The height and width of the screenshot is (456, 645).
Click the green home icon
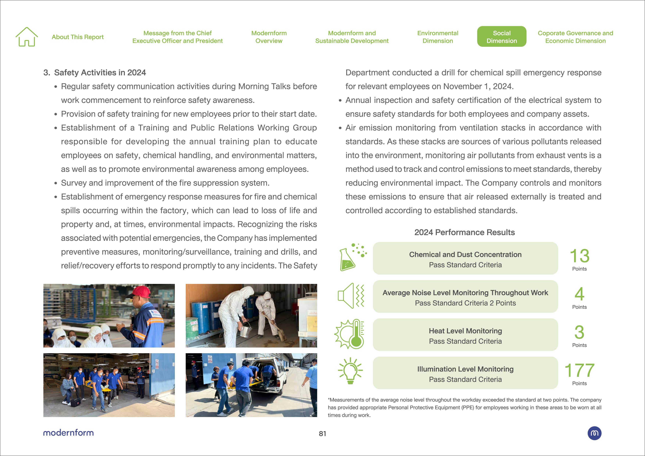(27, 37)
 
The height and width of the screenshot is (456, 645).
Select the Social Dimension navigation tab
(501, 37)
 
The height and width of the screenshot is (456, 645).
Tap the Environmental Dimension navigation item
(437, 37)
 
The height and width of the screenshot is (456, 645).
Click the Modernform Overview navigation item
(269, 37)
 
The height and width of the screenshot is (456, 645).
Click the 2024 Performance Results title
(464, 232)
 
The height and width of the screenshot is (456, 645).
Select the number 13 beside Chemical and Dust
(579, 256)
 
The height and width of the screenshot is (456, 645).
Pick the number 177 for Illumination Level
(579, 370)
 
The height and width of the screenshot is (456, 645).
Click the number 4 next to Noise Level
(579, 294)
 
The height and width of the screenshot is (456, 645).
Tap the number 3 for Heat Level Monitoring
(579, 332)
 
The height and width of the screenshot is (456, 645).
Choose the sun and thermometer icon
(350, 334)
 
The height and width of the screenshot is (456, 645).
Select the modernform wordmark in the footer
(68, 433)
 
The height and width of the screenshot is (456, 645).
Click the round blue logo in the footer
(594, 433)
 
